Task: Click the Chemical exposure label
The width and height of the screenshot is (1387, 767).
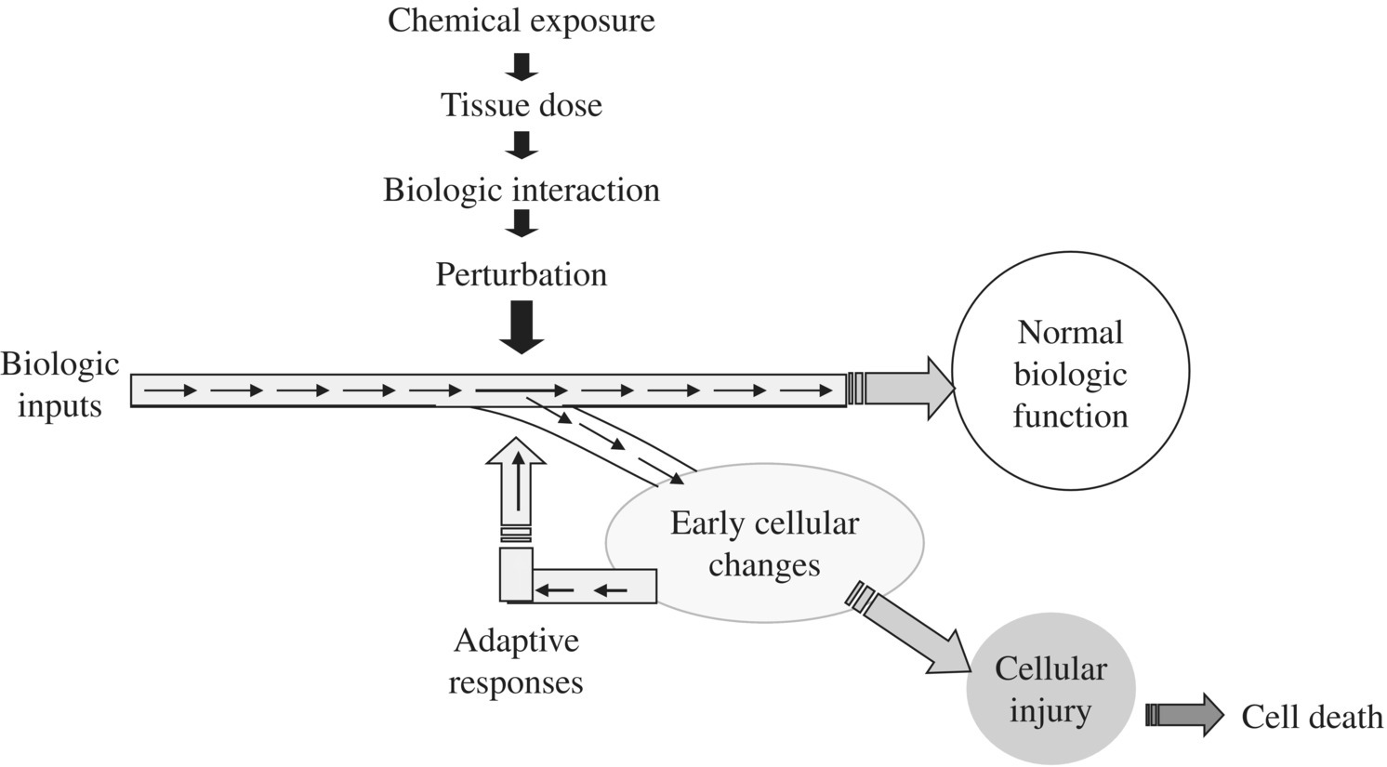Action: (521, 20)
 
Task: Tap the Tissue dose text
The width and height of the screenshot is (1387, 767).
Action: (521, 105)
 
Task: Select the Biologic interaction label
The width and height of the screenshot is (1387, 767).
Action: (521, 190)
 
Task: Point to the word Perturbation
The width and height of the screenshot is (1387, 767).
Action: (521, 274)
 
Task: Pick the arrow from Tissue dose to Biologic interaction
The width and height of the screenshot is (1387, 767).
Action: (522, 146)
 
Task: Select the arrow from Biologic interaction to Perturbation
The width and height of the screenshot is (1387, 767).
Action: (522, 223)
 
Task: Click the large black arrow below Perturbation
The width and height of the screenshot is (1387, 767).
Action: (522, 327)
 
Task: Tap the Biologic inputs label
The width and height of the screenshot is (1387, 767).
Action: (59, 385)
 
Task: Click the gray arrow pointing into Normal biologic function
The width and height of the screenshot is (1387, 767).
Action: (906, 388)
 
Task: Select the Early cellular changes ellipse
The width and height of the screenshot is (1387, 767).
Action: (764, 544)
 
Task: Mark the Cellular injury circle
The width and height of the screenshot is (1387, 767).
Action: (1050, 690)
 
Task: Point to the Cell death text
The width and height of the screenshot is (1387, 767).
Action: (1312, 717)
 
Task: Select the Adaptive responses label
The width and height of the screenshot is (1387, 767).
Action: (516, 661)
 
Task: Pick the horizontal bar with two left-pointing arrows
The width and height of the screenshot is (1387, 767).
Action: (595, 588)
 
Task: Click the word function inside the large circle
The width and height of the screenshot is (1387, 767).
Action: (1070, 416)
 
